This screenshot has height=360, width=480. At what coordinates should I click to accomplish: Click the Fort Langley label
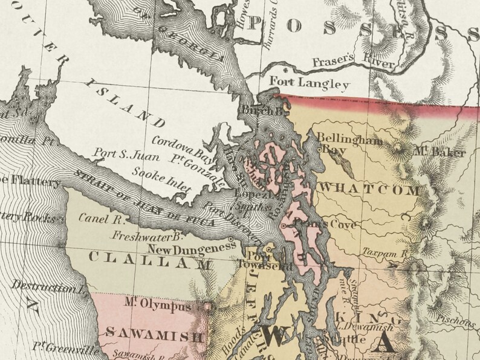click(x=309, y=83)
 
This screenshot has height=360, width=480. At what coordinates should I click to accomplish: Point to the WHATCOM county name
click(x=369, y=190)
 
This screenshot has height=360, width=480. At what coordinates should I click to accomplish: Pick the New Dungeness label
click(x=189, y=248)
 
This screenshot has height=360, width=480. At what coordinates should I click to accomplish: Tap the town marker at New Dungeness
click(x=231, y=239)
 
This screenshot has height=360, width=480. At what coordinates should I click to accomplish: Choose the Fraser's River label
click(x=354, y=61)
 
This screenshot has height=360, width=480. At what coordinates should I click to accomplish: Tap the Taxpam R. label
click(x=386, y=252)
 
